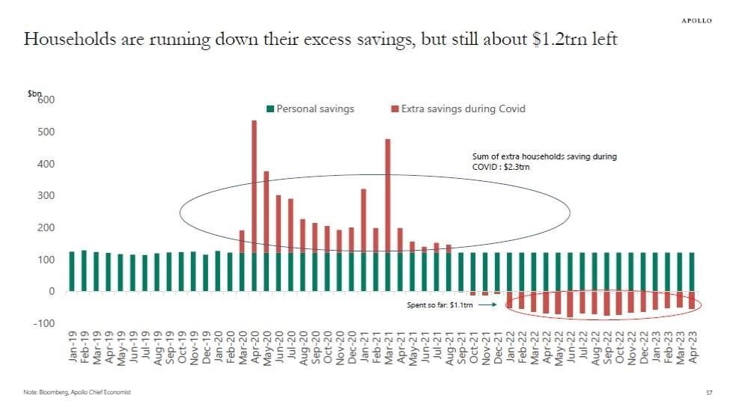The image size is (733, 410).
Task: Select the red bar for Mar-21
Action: (x=388, y=195)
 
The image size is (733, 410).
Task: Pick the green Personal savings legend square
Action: (x=271, y=109)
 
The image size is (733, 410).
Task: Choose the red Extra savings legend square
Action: (x=395, y=109)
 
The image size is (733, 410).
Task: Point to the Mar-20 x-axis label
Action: (x=242, y=348)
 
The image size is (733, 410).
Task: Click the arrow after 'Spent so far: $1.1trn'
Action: (x=487, y=305)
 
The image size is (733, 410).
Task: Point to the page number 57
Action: (x=708, y=392)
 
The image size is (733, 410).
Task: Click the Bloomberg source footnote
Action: (x=71, y=392)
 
